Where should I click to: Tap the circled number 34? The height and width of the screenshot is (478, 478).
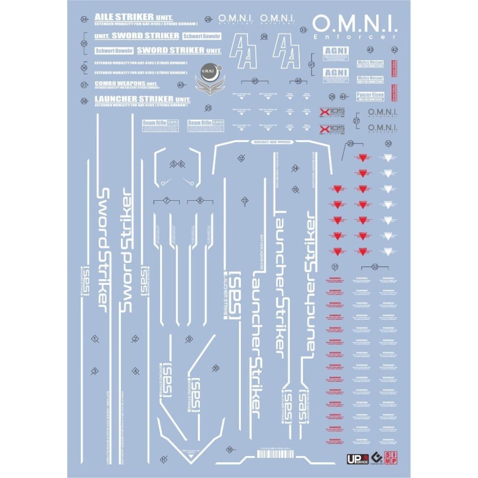point(85,20)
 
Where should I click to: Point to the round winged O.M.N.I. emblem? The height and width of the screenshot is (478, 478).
point(209,77)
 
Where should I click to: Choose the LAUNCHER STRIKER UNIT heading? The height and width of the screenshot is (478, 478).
point(142,99)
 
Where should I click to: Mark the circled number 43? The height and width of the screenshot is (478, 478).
point(370,50)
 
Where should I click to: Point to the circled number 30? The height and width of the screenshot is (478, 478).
point(388,143)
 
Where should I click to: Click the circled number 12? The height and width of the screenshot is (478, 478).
point(241,158)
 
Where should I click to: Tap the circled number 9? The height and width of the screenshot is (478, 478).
point(189,338)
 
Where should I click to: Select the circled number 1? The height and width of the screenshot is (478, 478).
point(95,339)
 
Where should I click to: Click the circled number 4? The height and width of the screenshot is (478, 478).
point(136,371)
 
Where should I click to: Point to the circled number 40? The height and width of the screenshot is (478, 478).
point(180,85)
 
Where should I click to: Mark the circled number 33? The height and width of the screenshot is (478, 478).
point(304,30)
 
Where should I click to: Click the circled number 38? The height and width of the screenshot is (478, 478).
point(85,101)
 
